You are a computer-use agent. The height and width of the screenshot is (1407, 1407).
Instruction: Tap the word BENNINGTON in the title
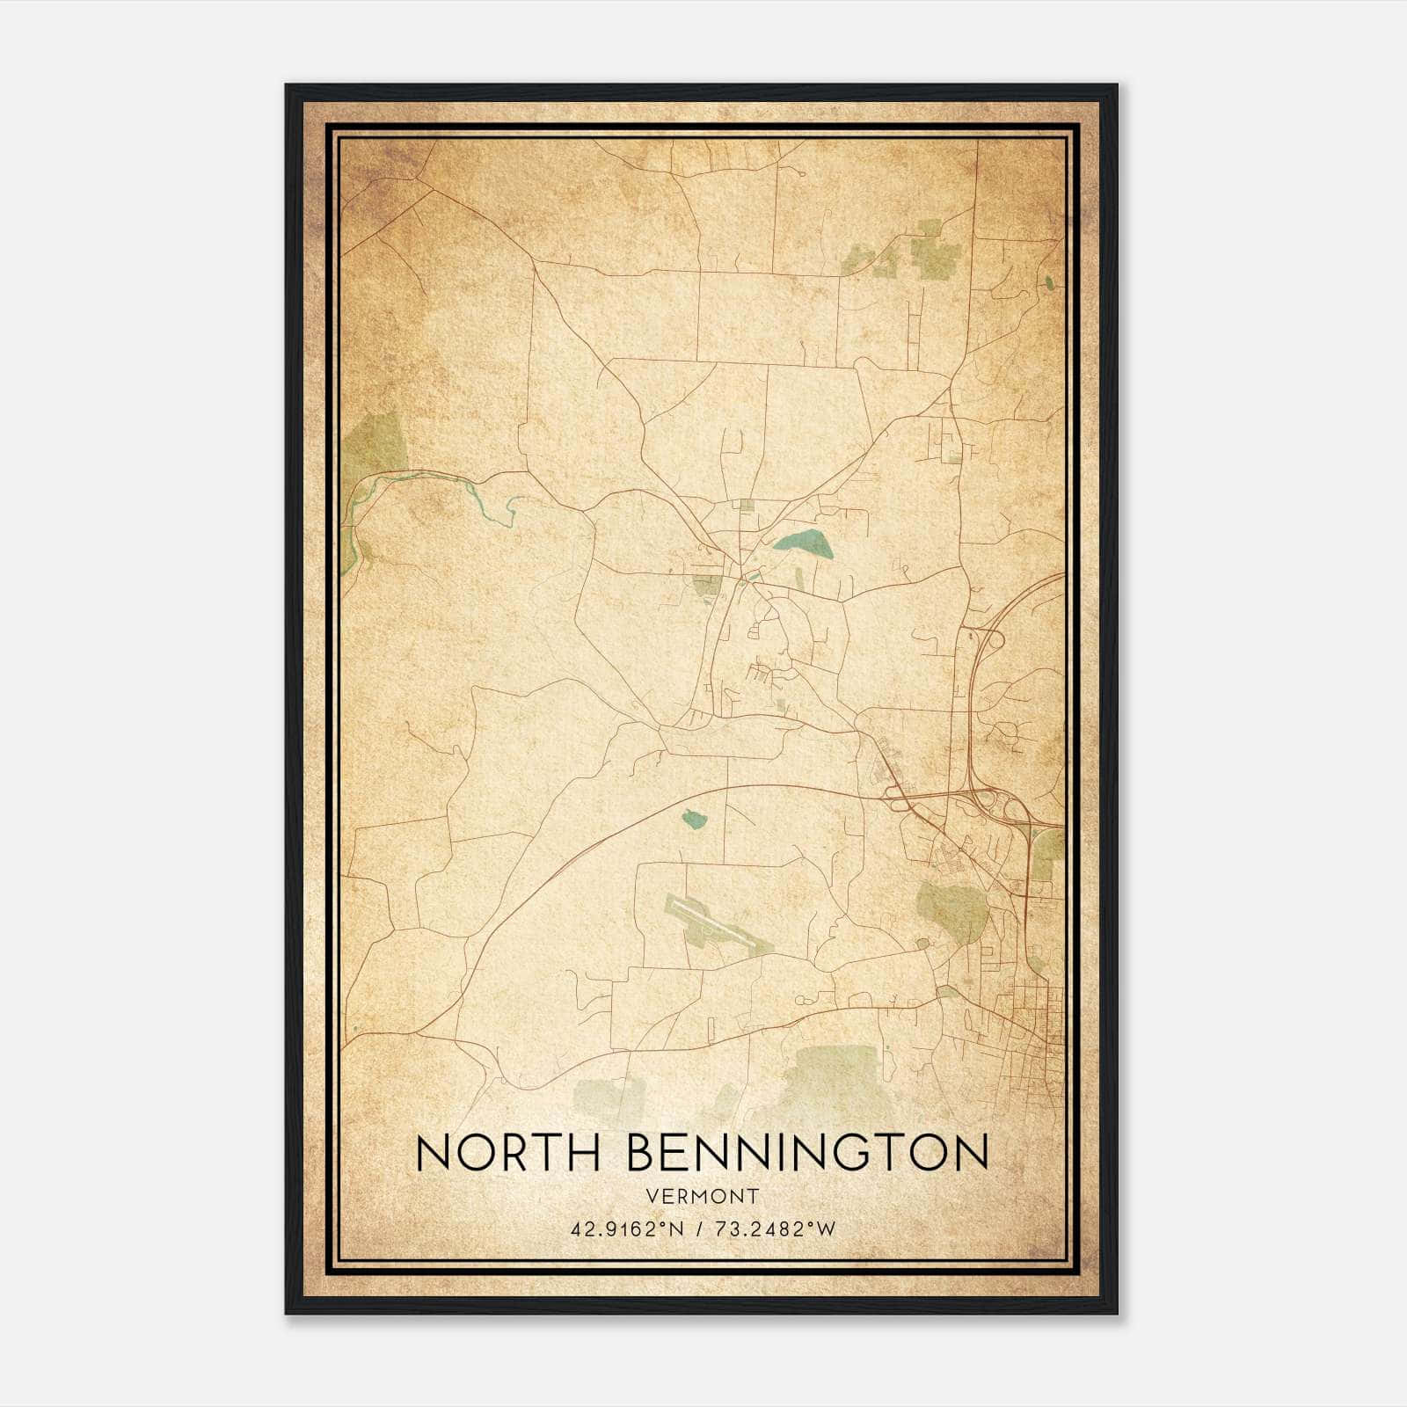pyautogui.click(x=808, y=1153)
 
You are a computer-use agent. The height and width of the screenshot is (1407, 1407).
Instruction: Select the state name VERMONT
pyautogui.click(x=701, y=1196)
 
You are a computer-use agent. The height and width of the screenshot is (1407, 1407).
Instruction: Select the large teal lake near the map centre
pyautogui.click(x=804, y=544)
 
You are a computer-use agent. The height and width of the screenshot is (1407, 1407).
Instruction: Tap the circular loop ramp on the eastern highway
pyautogui.click(x=993, y=639)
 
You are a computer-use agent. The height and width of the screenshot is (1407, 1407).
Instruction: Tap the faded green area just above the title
pyautogui.click(x=835, y=1082)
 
